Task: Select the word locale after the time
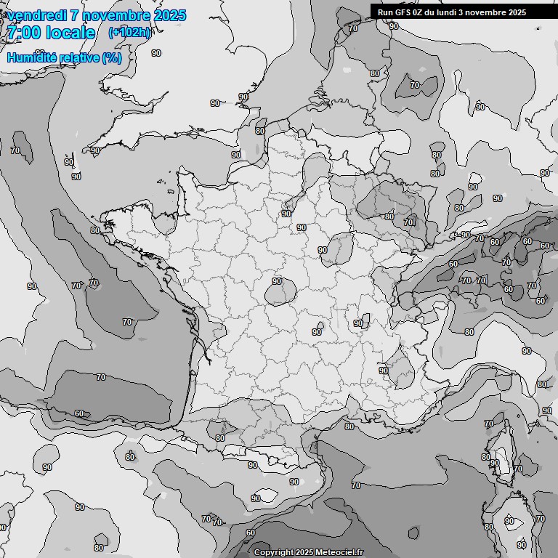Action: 70,33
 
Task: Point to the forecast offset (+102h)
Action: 129,32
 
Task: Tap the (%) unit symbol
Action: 112,57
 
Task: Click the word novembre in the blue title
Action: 116,15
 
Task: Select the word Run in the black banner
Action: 384,12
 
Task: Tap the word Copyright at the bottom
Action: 274,552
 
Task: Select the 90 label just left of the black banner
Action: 353,28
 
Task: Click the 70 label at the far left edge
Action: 15,150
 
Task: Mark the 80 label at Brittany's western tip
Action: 95,230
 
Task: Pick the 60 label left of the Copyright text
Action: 250,533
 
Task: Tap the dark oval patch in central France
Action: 280,293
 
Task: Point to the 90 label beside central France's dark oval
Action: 277,280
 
